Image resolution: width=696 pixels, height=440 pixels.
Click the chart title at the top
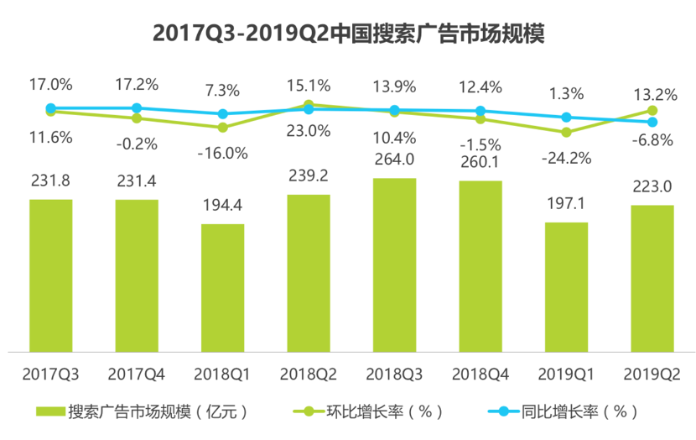[x=348, y=34]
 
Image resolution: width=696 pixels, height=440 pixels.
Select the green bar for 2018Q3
[x=394, y=265]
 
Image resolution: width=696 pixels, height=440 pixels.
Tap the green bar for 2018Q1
[x=222, y=287]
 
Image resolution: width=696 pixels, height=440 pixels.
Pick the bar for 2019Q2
[x=652, y=278]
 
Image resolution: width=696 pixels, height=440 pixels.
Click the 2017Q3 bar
[x=50, y=275]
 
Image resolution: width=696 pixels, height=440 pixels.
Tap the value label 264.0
[x=394, y=160]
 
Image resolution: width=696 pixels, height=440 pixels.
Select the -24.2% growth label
[x=567, y=157]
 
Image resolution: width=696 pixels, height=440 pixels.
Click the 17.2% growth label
[x=137, y=85]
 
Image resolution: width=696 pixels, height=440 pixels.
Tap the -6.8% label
[x=652, y=140]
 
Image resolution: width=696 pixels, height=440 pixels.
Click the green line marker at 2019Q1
[x=567, y=132]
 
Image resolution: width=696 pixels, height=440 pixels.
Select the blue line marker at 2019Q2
[x=652, y=122]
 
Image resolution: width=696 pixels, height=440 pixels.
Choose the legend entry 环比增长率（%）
[x=370, y=411]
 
